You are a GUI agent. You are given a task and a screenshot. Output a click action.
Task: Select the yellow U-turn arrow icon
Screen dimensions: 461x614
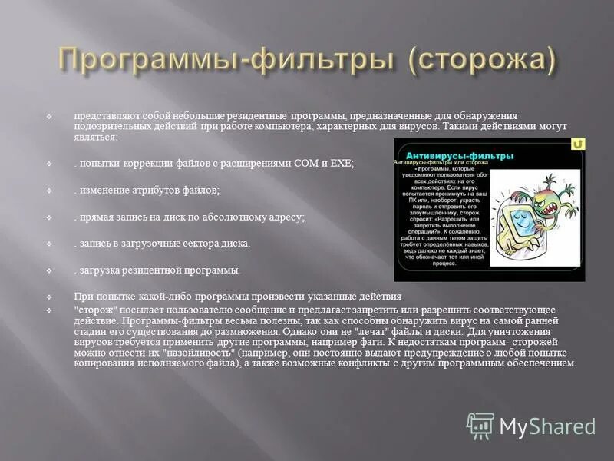578,144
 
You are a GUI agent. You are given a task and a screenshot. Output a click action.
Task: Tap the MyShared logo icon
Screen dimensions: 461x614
481,426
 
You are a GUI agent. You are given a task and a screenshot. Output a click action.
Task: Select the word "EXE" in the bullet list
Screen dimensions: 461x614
342,164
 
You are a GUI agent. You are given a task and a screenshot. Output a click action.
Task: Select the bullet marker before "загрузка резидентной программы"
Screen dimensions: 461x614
48,270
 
